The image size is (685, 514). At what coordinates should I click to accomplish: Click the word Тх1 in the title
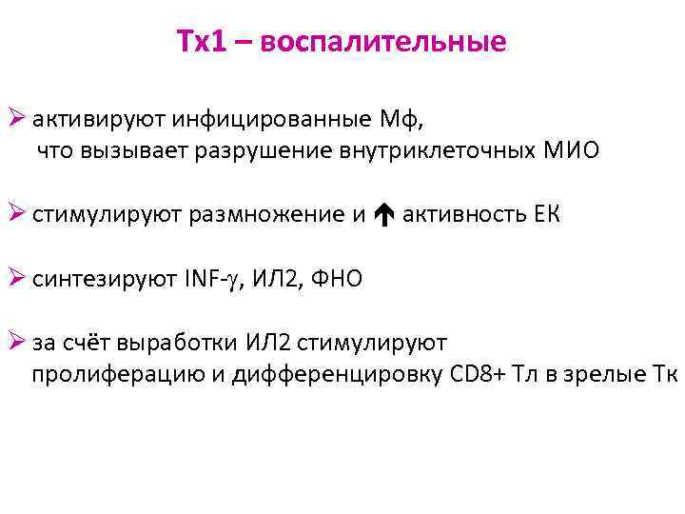202,43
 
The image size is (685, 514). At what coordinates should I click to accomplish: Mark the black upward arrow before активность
384,215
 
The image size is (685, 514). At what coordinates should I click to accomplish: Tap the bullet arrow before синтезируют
17,279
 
